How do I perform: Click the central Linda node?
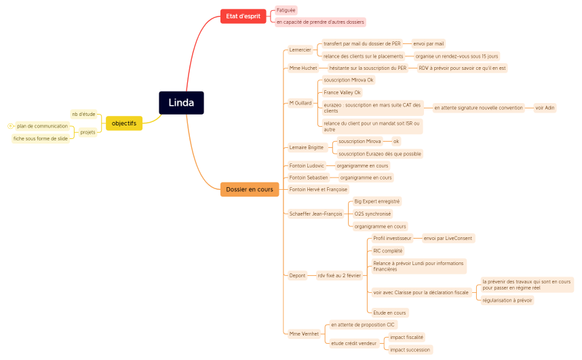(181, 103)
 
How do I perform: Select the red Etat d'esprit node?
(243, 16)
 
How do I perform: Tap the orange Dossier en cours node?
(250, 190)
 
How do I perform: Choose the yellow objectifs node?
(124, 123)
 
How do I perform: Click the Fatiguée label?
(286, 10)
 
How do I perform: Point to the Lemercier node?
(300, 49)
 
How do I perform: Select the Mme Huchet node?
(303, 68)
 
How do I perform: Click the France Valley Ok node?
(342, 92)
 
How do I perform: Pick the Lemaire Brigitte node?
(307, 147)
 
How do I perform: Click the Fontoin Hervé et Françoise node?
(318, 189)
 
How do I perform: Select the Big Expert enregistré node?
(377, 201)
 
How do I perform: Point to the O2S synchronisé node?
(373, 214)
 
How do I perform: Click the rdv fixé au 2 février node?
(339, 275)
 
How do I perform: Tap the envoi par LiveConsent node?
(447, 238)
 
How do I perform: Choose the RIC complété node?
(387, 251)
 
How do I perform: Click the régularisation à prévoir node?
(507, 300)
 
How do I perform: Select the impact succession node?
(410, 350)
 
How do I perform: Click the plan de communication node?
(42, 126)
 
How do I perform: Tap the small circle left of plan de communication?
(9, 126)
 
